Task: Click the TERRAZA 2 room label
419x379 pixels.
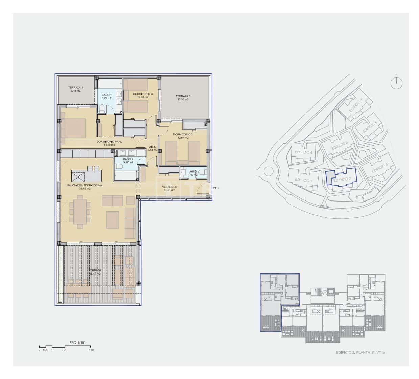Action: point(75,87)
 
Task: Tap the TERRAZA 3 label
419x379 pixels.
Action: point(183,96)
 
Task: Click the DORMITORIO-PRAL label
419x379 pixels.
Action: point(109,142)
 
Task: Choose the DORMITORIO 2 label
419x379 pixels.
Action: point(183,134)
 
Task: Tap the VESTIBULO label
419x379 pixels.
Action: point(169,187)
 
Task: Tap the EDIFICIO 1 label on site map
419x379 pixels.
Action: point(303,180)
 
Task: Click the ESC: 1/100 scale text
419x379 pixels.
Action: point(77,342)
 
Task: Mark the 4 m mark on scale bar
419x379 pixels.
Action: point(91,350)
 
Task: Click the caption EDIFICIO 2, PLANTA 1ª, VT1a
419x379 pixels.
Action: point(360,353)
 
